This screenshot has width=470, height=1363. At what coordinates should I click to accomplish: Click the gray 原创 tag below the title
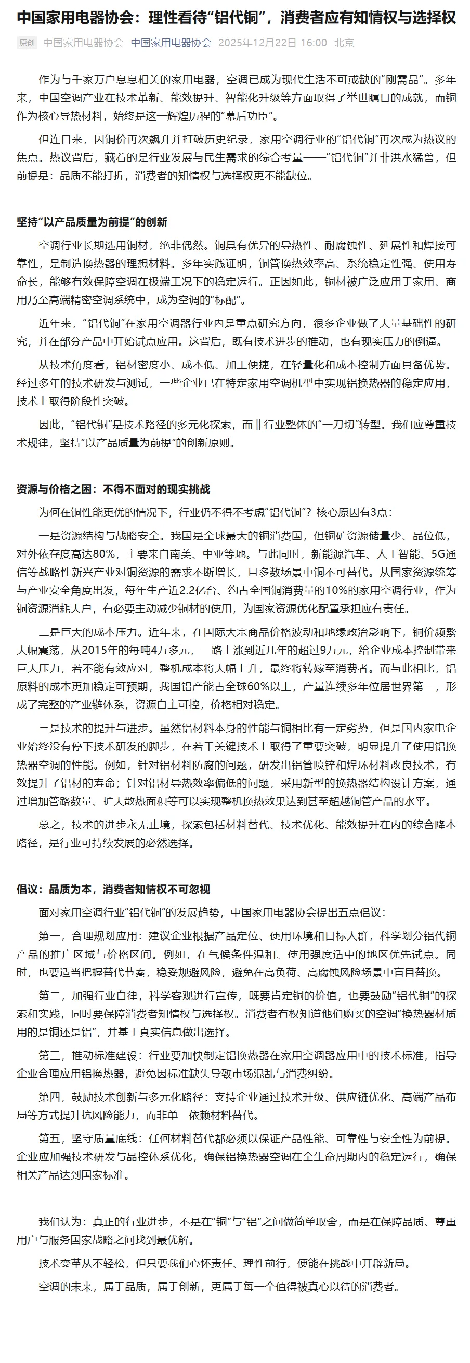point(27,43)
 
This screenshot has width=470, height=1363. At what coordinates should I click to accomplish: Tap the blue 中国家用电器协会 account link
point(171,43)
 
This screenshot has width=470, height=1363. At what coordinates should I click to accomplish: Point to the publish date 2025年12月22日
point(257,43)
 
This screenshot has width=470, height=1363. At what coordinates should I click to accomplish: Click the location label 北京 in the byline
point(344,43)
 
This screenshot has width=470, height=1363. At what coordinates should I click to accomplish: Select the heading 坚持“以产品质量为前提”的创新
point(92,222)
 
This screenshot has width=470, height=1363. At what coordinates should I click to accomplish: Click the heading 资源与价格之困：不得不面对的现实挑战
point(113,489)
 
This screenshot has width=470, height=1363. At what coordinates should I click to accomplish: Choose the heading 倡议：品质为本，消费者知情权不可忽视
point(113,889)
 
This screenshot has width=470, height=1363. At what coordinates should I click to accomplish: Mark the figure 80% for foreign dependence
point(104,554)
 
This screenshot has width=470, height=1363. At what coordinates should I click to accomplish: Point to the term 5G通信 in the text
point(443,554)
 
